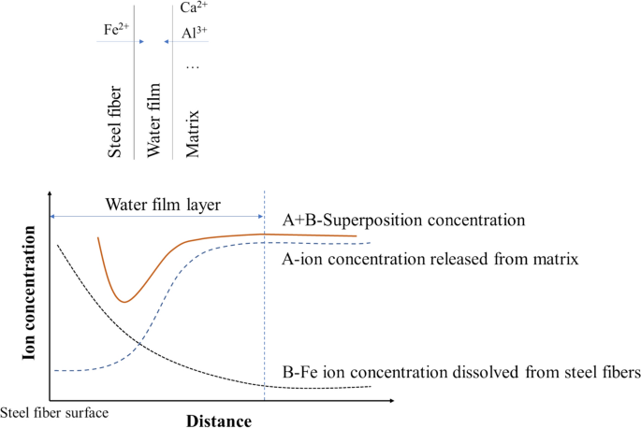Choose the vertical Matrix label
(194, 132)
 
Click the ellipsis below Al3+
(193, 66)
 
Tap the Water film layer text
(156, 205)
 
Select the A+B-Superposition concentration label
(401, 221)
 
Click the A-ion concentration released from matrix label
(430, 258)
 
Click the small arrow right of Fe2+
(139, 42)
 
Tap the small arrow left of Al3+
(166, 42)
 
